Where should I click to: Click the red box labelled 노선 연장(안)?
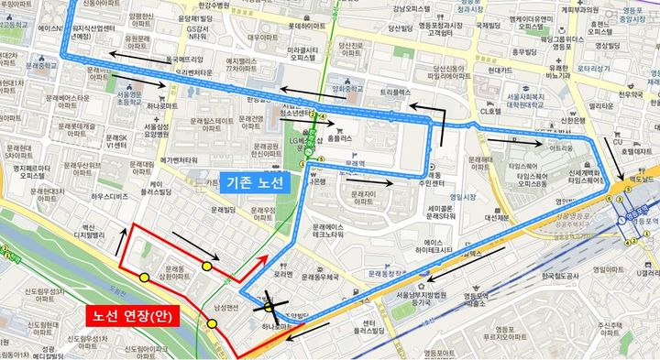point(132,314)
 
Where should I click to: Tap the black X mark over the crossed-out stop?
point(271,301)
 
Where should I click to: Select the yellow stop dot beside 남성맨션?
point(212,324)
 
